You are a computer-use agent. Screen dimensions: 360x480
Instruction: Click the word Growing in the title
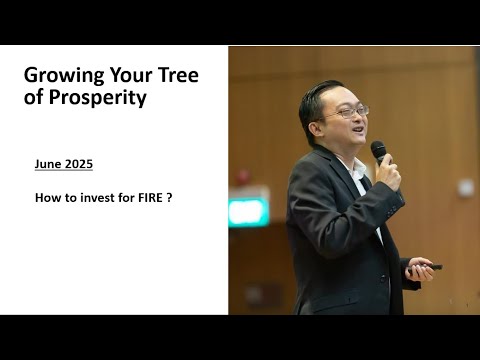(x=59, y=76)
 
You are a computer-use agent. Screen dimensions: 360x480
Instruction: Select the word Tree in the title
(x=176, y=76)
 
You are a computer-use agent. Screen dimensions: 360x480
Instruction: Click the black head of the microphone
(x=378, y=150)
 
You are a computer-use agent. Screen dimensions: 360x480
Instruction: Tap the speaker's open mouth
(x=356, y=132)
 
